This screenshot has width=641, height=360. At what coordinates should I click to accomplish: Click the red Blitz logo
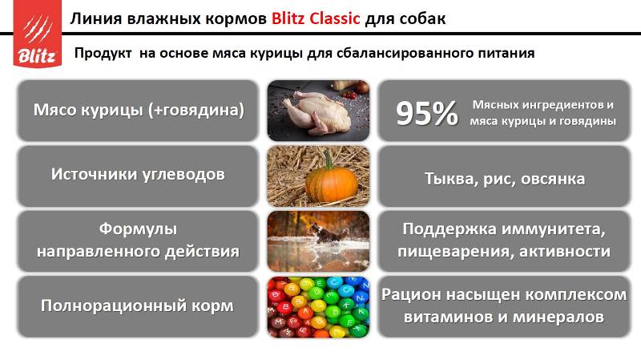(x=37, y=34)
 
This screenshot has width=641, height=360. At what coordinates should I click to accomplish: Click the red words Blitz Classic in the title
(x=316, y=18)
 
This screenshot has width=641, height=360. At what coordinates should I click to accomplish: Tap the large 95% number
(x=427, y=113)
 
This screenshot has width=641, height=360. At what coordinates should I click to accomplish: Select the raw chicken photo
(x=318, y=111)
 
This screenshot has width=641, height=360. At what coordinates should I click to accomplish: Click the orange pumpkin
(x=331, y=183)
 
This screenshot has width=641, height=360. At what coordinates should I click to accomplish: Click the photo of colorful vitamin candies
(x=318, y=307)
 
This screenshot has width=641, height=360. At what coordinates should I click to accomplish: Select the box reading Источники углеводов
(x=138, y=176)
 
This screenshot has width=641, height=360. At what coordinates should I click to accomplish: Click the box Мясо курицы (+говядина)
(x=138, y=111)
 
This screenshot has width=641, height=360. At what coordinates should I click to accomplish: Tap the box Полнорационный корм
(x=138, y=307)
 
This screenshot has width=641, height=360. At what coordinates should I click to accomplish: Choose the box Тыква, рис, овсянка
(x=504, y=176)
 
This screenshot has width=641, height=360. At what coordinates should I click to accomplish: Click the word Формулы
(x=138, y=229)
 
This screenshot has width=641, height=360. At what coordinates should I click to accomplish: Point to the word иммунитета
(x=554, y=229)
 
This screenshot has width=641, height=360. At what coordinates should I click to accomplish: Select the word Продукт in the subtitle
(x=103, y=53)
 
